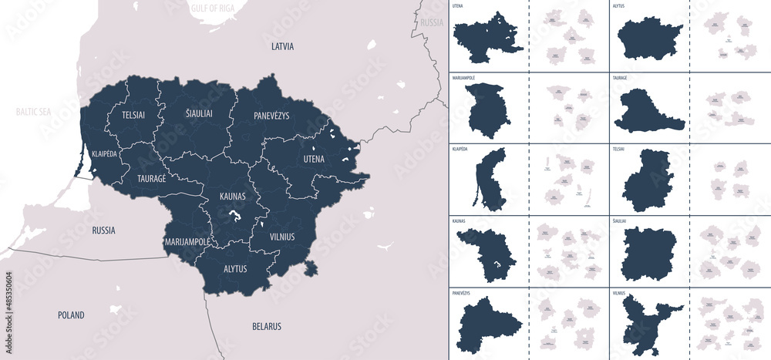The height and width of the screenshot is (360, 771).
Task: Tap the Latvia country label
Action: pyautogui.click(x=282, y=46)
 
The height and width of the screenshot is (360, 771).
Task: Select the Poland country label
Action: pyautogui.click(x=71, y=315)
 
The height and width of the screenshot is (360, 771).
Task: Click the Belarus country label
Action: pyautogui.click(x=267, y=326)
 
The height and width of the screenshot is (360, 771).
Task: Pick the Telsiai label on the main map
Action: pyautogui.click(x=133, y=115)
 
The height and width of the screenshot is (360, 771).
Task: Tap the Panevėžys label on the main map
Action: pyautogui.click(x=271, y=116)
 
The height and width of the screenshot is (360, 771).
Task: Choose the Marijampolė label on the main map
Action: pyautogui.click(x=187, y=242)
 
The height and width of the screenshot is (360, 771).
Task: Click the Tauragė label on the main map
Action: pyautogui.click(x=152, y=177)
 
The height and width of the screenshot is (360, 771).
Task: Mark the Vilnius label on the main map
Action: pyautogui.click(x=282, y=237)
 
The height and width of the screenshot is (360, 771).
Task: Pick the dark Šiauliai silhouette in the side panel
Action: pyautogui.click(x=649, y=251)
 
